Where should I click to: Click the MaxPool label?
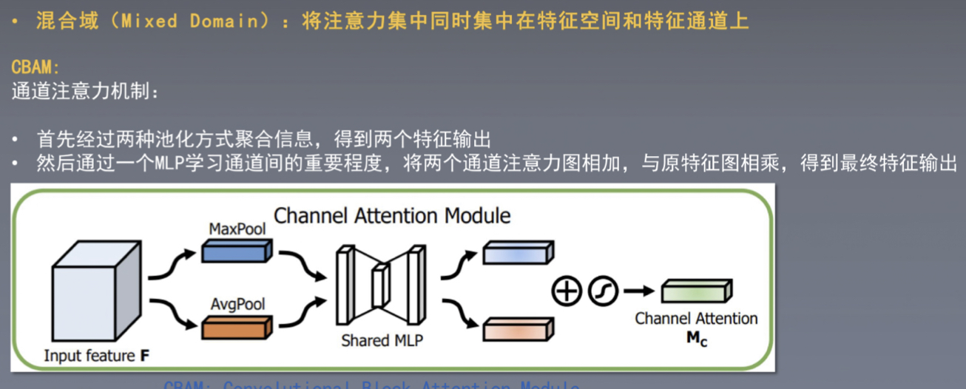pos(237,229)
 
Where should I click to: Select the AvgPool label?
pos(237,304)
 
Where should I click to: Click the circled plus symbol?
pos(567,291)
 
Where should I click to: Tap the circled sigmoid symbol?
pos(602,291)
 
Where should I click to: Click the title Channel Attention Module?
pos(392,216)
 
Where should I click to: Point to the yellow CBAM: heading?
pos(36,67)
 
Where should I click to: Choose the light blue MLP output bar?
pos(518,252)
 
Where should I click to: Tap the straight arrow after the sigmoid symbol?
pos(635,291)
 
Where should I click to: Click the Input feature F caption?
pos(97,356)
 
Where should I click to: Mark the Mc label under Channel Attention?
pos(696,341)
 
